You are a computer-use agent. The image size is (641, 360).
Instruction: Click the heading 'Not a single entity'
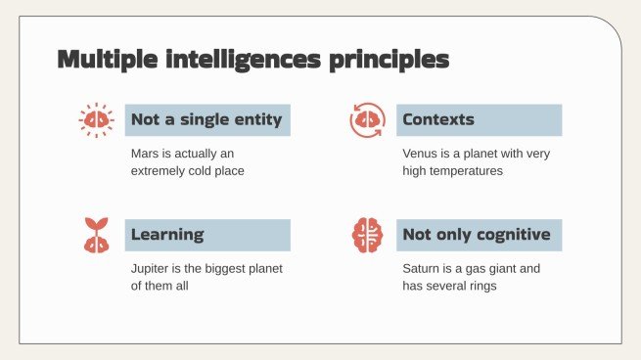tap(206, 120)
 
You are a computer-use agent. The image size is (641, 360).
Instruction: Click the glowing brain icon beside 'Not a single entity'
tap(96, 119)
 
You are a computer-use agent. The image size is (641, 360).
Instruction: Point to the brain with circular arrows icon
tap(367, 120)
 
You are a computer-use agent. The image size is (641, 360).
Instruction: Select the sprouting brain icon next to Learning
tap(96, 235)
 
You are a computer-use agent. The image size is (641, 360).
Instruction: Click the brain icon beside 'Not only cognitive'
tap(367, 235)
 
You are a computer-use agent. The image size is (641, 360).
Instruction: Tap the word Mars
tap(146, 154)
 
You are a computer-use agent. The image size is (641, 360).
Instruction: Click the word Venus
tap(420, 154)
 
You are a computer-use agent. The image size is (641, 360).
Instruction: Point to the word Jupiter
tap(152, 268)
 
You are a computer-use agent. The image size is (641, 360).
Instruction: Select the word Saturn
tap(422, 268)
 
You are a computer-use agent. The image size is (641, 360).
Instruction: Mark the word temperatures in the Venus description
tap(467, 170)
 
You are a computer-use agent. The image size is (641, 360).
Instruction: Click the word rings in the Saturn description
tap(483, 285)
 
